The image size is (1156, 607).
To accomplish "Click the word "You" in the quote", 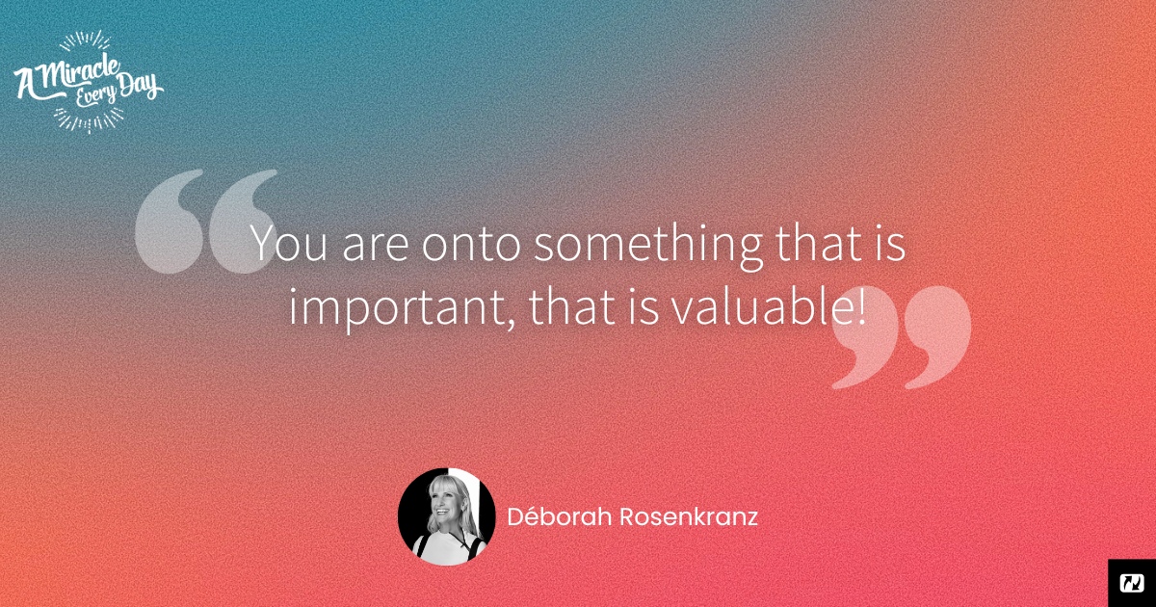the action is coord(288,243).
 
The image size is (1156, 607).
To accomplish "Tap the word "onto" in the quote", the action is coord(471,244).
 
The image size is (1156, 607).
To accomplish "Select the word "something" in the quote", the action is coord(647,247).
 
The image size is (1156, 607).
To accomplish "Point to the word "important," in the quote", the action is coord(401,308).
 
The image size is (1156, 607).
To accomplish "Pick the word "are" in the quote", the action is coord(375,247).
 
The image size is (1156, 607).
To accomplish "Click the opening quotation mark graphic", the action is coord(206,221).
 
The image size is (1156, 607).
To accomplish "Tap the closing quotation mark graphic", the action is coord(901,337).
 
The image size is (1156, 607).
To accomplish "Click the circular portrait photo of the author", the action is coord(446,516).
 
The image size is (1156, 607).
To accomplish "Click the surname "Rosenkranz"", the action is coord(689,516).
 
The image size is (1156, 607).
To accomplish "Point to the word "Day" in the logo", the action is coord(139,86).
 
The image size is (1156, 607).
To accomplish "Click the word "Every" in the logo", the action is coord(95,95).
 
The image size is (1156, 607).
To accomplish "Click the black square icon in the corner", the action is coord(1132,583).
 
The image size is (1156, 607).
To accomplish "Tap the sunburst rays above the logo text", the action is coord(85,40).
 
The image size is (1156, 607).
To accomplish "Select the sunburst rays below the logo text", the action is coord(89,119).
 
